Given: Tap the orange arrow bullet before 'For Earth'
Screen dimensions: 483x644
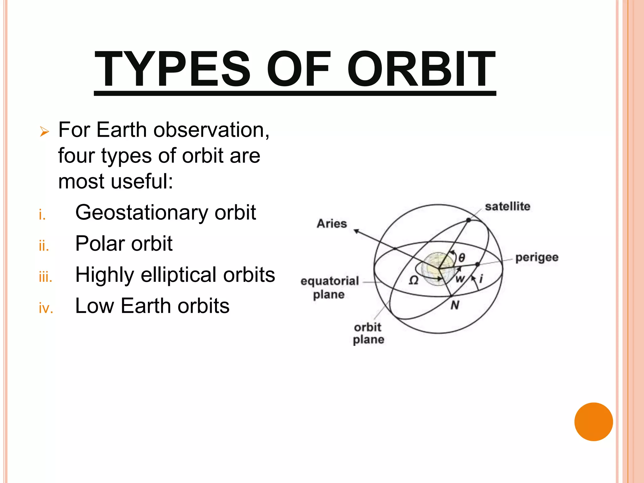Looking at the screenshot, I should coord(44,131).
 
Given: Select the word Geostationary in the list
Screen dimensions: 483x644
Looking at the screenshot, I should coord(142,213).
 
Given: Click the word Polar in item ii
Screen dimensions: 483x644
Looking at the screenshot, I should coord(100,244).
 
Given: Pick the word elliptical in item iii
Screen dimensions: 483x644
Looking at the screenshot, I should coord(179,275).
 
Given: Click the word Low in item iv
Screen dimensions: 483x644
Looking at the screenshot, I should coord(94,306).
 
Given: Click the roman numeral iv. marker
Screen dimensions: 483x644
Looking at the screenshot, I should coord(46,308).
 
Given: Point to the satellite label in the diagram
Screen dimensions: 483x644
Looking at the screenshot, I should coord(507,207).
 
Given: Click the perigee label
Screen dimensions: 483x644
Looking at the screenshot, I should coord(537,258).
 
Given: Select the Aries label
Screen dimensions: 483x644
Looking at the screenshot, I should coord(332,224).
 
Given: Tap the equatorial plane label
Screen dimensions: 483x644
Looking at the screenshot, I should coord(330,287).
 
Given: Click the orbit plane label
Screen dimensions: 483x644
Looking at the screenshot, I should coord(368,333).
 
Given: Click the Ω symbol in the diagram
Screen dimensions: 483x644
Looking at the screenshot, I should coord(414,280).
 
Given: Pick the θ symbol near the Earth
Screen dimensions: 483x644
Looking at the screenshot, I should coord(462,258).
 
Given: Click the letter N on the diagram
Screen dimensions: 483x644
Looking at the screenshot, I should coord(455,305).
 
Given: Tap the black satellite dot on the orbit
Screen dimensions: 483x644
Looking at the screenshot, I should coord(468,220).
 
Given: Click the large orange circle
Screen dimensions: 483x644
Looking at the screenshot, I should coord(593,422).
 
